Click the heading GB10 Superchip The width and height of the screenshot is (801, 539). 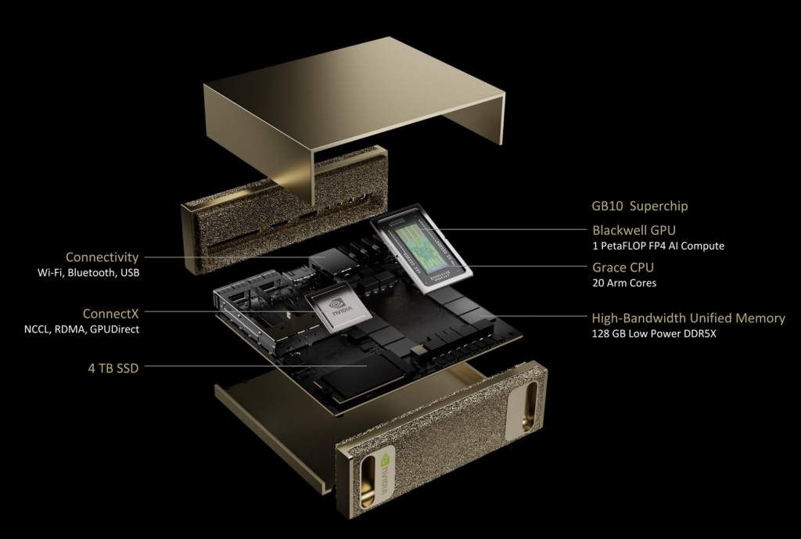(640, 206)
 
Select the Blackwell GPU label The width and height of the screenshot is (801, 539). (634, 230)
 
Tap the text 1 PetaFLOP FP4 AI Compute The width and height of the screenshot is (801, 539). (658, 246)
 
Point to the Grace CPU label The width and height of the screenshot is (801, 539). (623, 268)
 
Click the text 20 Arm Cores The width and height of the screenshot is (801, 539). (624, 283)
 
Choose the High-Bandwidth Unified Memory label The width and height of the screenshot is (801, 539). (688, 318)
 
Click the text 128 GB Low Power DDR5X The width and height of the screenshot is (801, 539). (654, 333)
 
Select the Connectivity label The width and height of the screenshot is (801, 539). (102, 257)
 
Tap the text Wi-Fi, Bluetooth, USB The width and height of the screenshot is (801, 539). (88, 273)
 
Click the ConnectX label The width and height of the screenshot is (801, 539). (110, 313)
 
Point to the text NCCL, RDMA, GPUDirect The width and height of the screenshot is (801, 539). (81, 329)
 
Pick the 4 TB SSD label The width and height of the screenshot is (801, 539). (113, 368)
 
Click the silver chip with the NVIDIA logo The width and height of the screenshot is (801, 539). (338, 308)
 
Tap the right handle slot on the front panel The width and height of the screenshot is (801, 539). (530, 408)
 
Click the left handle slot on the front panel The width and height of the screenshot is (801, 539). (368, 482)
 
